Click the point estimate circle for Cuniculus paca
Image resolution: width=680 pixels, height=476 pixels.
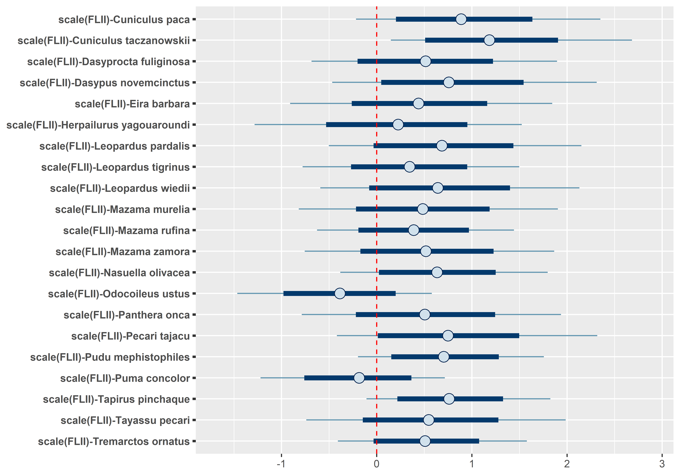coord(461,19)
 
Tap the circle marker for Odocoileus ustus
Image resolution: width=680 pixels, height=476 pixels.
coord(340,294)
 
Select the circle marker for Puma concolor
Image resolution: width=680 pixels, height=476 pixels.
coord(359,378)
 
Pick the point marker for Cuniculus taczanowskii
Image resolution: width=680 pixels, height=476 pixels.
coord(489,40)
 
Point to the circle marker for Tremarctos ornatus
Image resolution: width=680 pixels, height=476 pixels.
coord(425,441)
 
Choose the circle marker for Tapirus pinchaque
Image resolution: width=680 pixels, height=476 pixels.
coord(449,399)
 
